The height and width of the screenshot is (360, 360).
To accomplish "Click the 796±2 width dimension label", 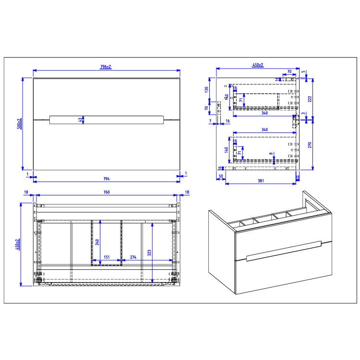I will [106, 67].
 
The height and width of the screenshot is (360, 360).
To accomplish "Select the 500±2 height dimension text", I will [20, 124].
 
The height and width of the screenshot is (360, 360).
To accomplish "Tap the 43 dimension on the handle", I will [81, 120].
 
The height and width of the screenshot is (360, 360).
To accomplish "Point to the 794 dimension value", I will [106, 179].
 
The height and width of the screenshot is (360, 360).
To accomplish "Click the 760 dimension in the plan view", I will [108, 192].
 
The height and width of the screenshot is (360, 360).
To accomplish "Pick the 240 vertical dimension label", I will [97, 242].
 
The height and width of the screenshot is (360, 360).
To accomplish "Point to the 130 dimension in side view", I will [207, 89].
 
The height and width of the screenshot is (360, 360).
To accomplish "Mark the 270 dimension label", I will [310, 145].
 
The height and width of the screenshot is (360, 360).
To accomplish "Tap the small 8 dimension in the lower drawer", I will [271, 155].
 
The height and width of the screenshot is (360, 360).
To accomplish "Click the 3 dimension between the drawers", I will [303, 114].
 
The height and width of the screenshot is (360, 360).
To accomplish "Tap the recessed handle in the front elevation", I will [106, 120].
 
